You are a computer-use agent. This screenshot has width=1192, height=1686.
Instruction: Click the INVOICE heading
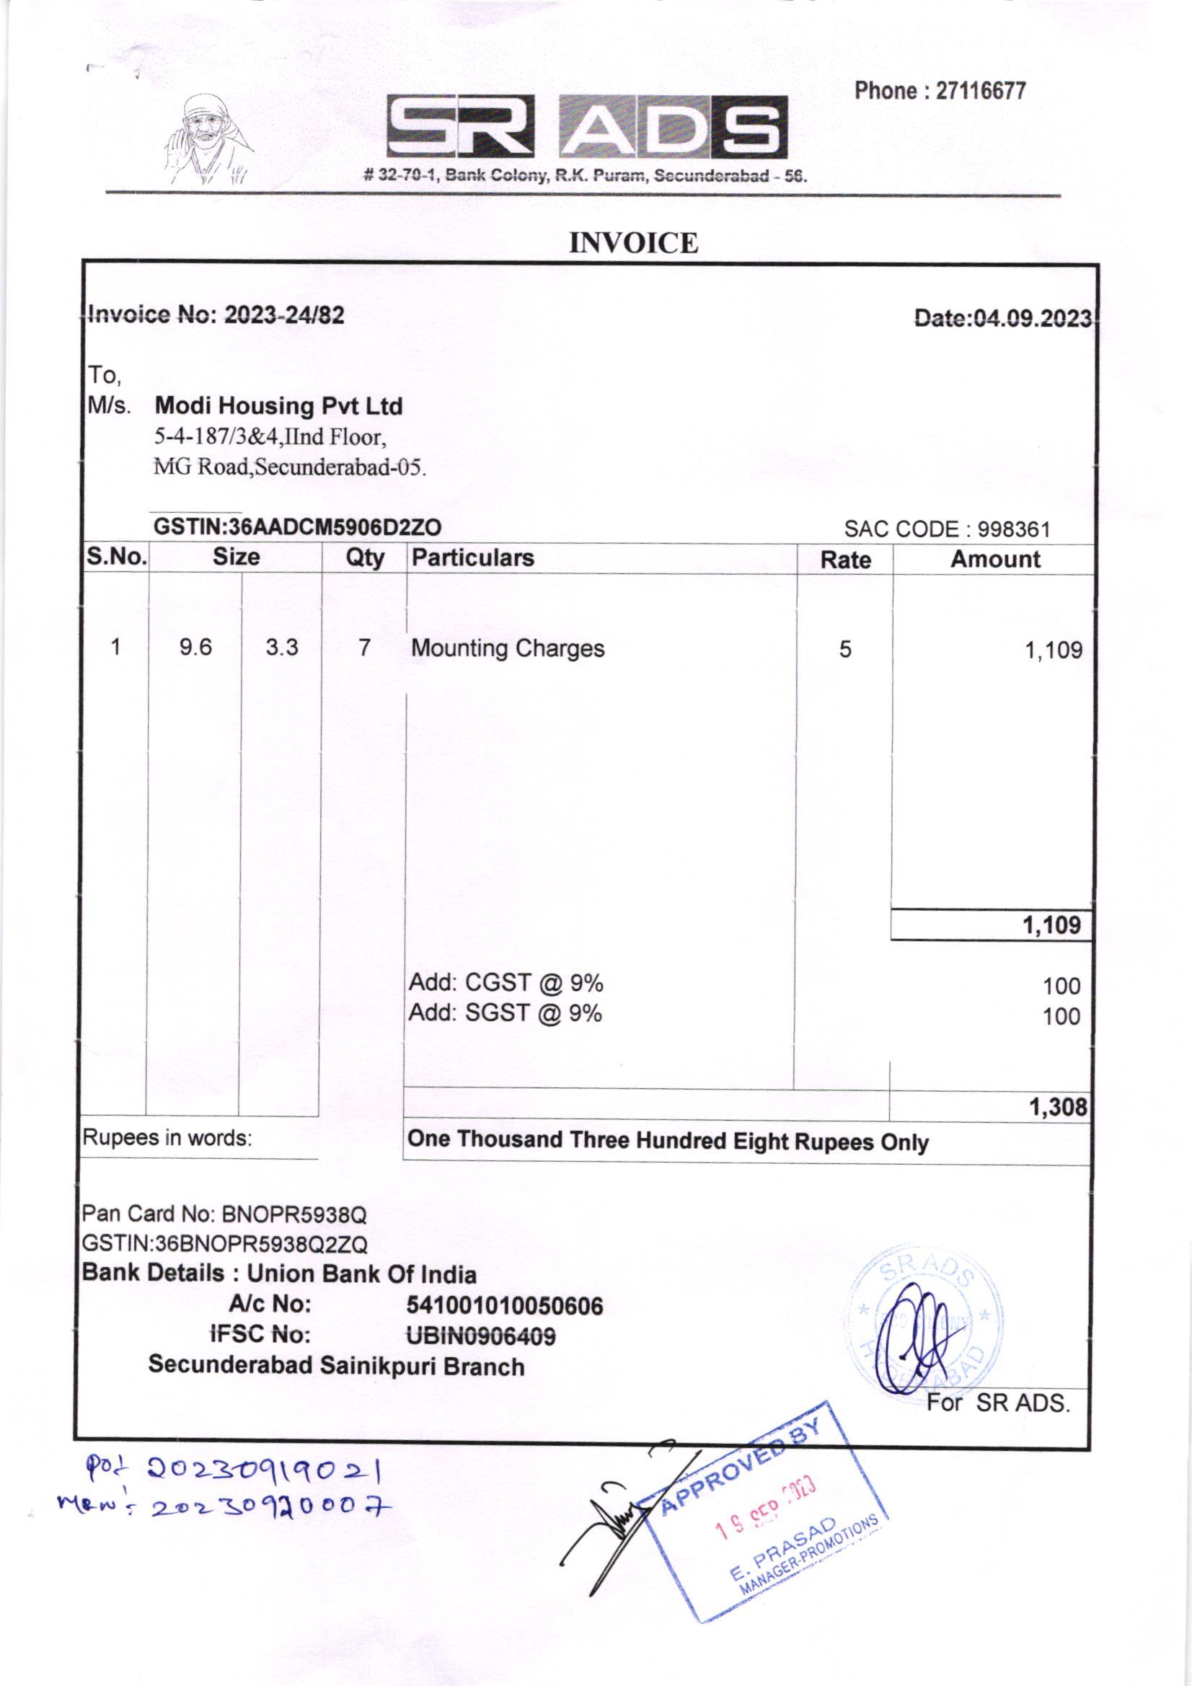point(633,243)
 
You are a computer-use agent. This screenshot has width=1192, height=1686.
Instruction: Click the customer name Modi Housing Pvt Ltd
point(279,406)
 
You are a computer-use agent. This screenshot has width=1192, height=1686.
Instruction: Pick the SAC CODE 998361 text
point(947,529)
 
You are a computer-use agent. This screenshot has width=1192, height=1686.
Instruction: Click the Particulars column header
point(473,558)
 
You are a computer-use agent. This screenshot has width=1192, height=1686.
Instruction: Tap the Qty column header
point(365,559)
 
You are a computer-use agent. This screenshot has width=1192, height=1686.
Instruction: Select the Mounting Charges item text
point(508,649)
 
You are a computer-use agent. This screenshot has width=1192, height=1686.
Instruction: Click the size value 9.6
point(195,648)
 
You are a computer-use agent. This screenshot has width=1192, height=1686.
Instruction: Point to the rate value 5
point(845,649)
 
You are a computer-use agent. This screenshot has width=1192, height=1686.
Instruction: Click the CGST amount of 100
point(1061,987)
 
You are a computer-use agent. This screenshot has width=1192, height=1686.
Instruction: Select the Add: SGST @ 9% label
point(506,1014)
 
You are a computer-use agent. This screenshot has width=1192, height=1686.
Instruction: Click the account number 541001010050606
point(505,1306)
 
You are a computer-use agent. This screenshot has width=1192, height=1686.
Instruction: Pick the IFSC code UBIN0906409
point(481,1336)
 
